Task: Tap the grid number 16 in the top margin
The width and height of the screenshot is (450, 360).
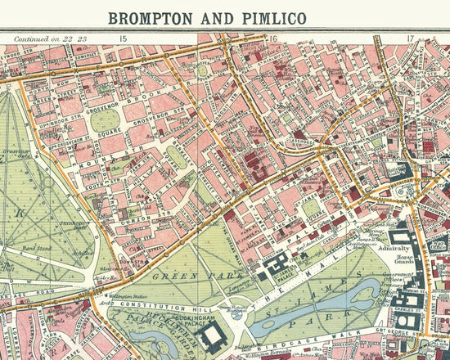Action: pos(276,38)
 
